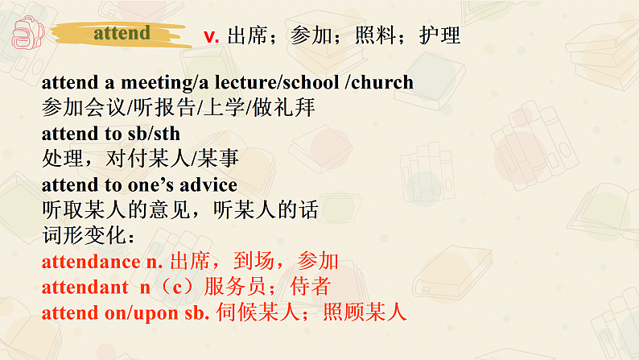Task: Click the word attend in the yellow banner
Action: (122, 33)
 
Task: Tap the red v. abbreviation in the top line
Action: (212, 36)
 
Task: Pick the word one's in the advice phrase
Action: (146, 186)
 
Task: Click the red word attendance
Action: (90, 262)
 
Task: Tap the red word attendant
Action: (85, 288)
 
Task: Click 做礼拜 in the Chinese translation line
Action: (291, 108)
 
